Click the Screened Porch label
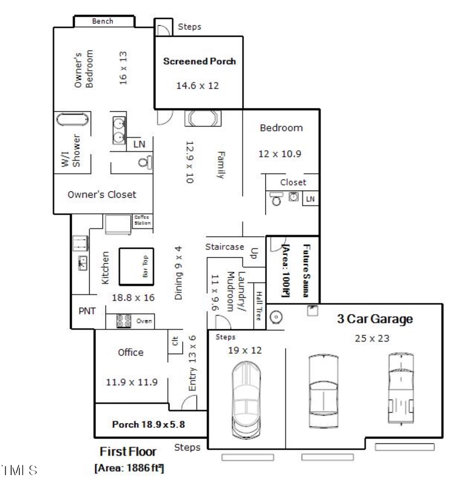[x=199, y=62]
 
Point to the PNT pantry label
[x=87, y=311]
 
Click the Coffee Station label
[x=142, y=220]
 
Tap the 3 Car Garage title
[x=375, y=320]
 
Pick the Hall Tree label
[x=259, y=304]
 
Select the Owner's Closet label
[x=102, y=194]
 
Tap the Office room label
[x=131, y=352]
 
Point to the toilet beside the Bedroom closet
[x=276, y=198]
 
